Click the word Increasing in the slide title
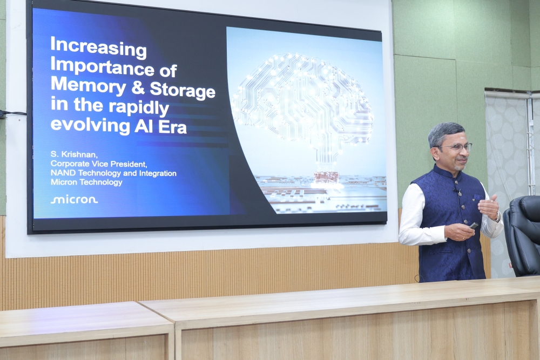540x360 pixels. coord(98,47)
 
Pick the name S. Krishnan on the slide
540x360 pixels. coord(74,154)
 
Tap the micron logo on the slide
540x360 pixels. coord(75,200)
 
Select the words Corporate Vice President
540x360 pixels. coord(99,164)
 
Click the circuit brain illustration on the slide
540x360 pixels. coord(303,103)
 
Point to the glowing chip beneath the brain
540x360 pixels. coord(326,177)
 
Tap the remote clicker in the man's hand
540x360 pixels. coord(474,226)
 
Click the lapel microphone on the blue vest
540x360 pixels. coord(458,192)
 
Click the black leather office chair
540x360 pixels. coord(523,236)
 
